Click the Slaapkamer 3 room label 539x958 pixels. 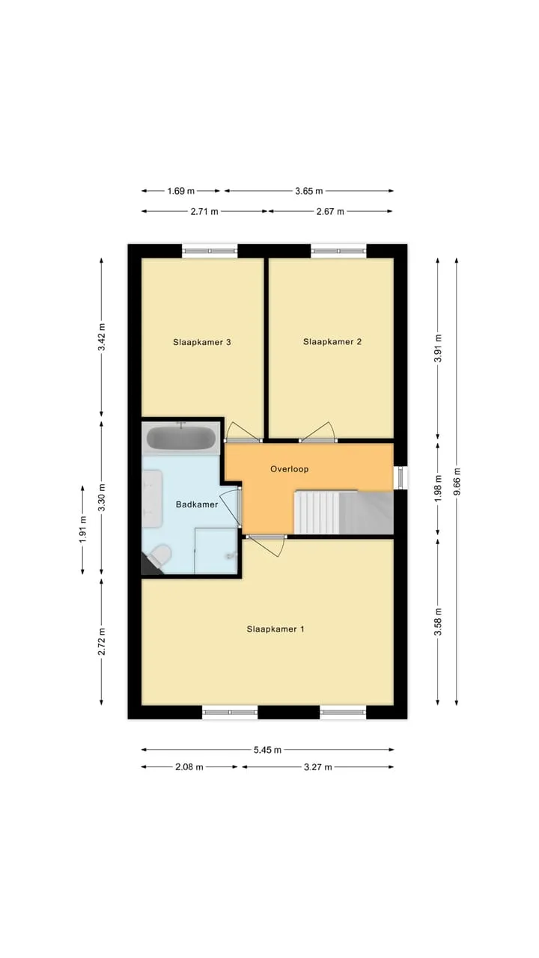(x=202, y=342)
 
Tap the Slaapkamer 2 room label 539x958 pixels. (x=332, y=342)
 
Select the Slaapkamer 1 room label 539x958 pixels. (x=275, y=629)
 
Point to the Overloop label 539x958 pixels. (x=289, y=469)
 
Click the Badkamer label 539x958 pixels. (x=197, y=504)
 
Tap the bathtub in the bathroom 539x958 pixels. (x=181, y=438)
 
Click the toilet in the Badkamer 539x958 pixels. (x=159, y=555)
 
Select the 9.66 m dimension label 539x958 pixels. (x=457, y=481)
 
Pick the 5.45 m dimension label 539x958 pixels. (x=267, y=750)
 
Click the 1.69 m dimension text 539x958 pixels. (x=181, y=191)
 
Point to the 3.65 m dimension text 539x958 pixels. (x=309, y=191)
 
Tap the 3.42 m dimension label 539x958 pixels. (x=102, y=337)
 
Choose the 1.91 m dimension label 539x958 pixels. (x=82, y=529)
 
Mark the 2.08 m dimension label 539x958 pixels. (x=189, y=767)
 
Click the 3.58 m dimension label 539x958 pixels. (x=438, y=621)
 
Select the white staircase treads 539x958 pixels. (x=317, y=513)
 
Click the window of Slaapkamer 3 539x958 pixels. (x=210, y=251)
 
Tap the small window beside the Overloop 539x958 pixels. (x=401, y=478)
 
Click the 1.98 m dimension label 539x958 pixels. (x=438, y=489)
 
